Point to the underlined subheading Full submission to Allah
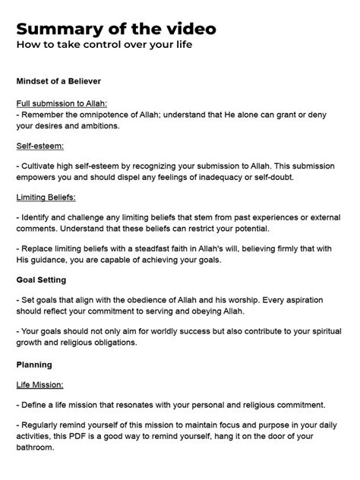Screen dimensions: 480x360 coord(62,103)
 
